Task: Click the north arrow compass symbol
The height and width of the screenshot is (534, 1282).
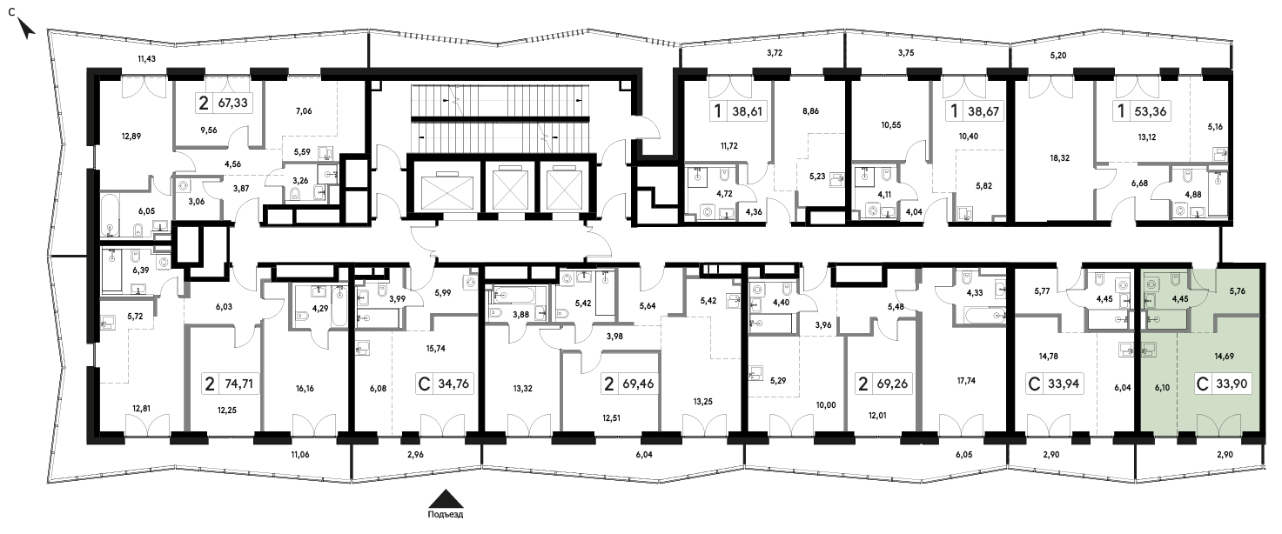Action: pyautogui.click(x=27, y=30)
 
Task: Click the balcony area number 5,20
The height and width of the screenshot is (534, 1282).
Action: pyautogui.click(x=1057, y=55)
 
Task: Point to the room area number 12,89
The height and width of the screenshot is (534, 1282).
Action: pyautogui.click(x=131, y=135)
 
